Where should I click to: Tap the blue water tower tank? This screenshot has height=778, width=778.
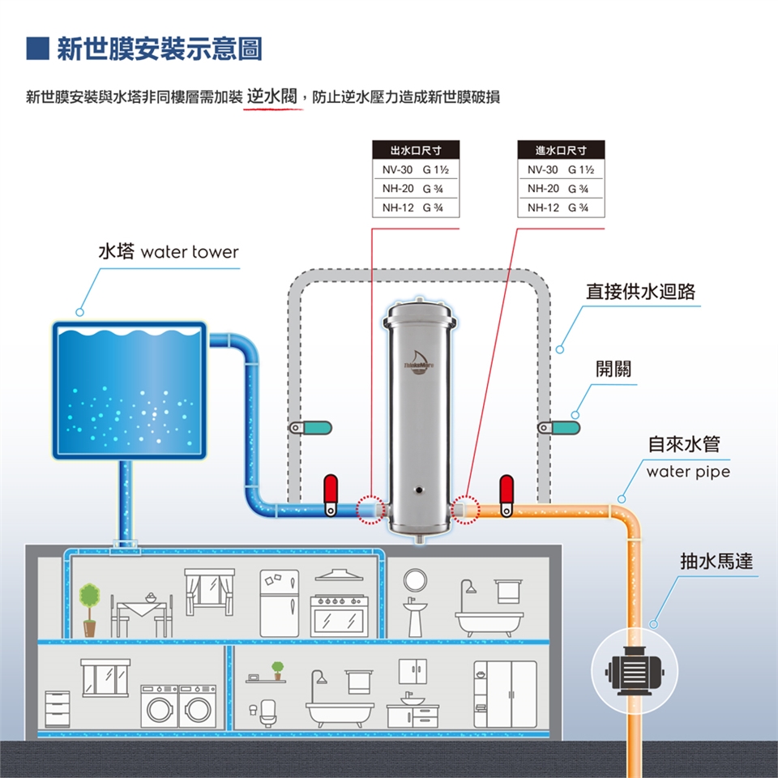tap(130, 389)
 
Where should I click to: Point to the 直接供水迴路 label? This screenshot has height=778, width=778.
tap(640, 292)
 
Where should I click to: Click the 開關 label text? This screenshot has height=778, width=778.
tap(613, 370)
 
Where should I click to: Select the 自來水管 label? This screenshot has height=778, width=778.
tap(683, 444)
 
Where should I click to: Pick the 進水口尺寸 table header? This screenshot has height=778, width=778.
tap(560, 151)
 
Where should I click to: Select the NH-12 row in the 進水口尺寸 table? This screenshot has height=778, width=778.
tap(560, 207)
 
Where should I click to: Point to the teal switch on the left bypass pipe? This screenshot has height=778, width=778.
tap(310, 427)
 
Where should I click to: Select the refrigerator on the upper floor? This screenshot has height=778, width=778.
tap(280, 602)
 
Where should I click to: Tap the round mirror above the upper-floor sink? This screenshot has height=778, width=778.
tap(415, 579)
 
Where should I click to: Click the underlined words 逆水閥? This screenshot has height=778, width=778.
tap(273, 96)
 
